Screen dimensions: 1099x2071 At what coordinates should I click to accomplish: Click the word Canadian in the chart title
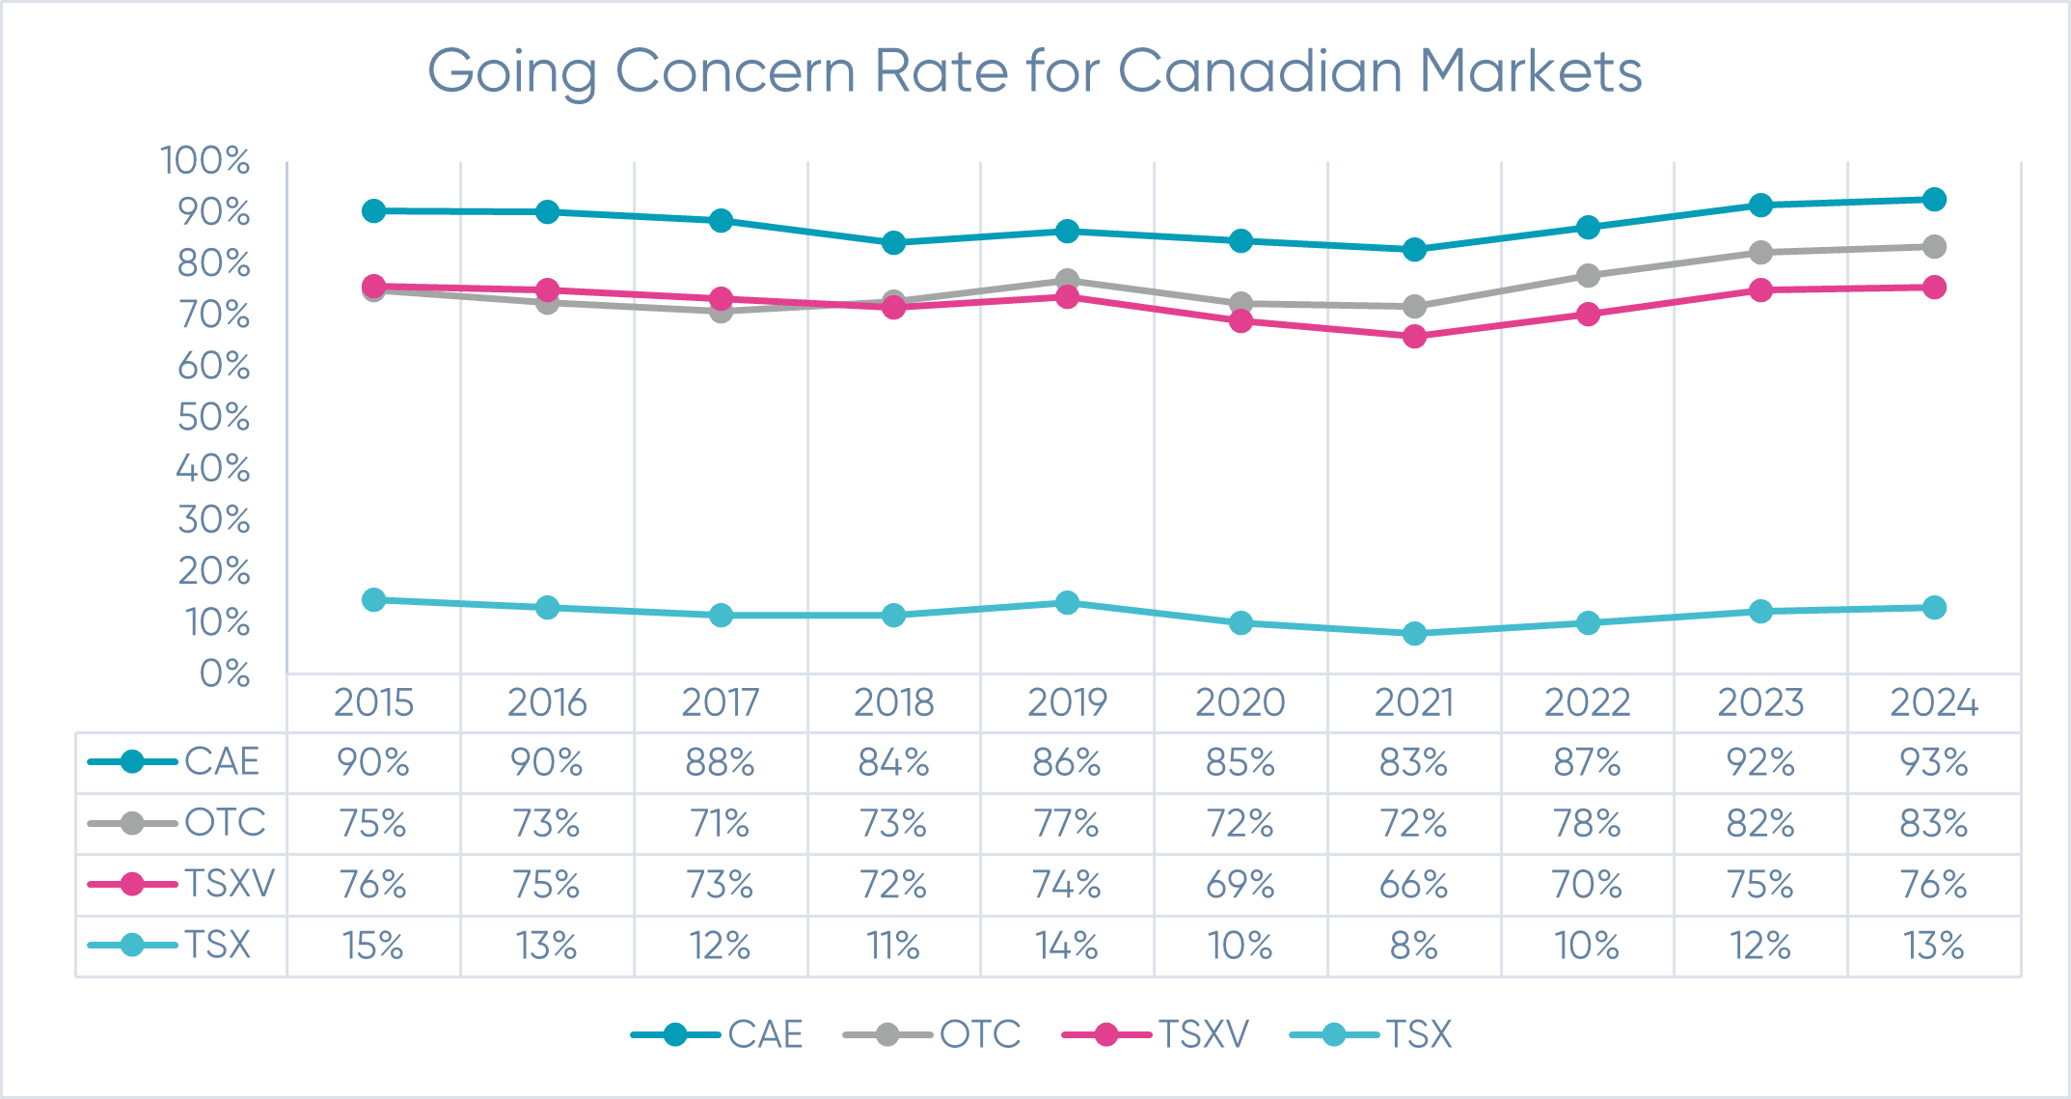click(x=1259, y=71)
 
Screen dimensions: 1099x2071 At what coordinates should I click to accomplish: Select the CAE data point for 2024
click(x=1934, y=200)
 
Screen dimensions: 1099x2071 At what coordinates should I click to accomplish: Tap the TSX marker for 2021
click(x=1414, y=634)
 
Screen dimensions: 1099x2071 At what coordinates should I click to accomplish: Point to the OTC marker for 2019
click(x=1067, y=281)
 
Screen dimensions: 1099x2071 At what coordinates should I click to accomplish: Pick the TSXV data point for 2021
click(x=1414, y=337)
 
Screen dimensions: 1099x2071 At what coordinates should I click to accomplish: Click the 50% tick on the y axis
click(x=213, y=418)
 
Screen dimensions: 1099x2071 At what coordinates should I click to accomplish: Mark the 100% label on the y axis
click(x=204, y=161)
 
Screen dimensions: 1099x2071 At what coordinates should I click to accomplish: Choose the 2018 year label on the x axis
click(x=894, y=702)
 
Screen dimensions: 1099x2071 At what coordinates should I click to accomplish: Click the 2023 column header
click(x=1760, y=702)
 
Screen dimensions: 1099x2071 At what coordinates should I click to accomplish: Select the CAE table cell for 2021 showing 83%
click(x=1414, y=763)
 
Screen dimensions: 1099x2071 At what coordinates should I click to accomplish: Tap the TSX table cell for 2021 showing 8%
click(x=1414, y=946)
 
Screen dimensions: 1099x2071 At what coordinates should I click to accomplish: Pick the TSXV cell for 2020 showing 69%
click(x=1240, y=885)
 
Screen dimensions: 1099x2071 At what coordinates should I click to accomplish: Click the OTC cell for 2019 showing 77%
click(x=1067, y=824)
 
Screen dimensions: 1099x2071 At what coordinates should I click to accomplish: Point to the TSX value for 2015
click(x=373, y=946)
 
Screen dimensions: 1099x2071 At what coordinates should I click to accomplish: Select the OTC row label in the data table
click(x=225, y=823)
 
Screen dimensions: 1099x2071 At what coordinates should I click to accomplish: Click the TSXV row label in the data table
click(x=230, y=884)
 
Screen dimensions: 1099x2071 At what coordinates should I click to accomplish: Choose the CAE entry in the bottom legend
click(x=765, y=1035)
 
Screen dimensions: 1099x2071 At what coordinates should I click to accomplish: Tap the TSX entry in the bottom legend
click(x=1418, y=1035)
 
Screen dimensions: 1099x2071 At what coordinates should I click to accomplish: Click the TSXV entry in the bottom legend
click(x=1203, y=1035)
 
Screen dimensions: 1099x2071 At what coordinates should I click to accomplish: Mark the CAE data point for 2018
click(x=894, y=242)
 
